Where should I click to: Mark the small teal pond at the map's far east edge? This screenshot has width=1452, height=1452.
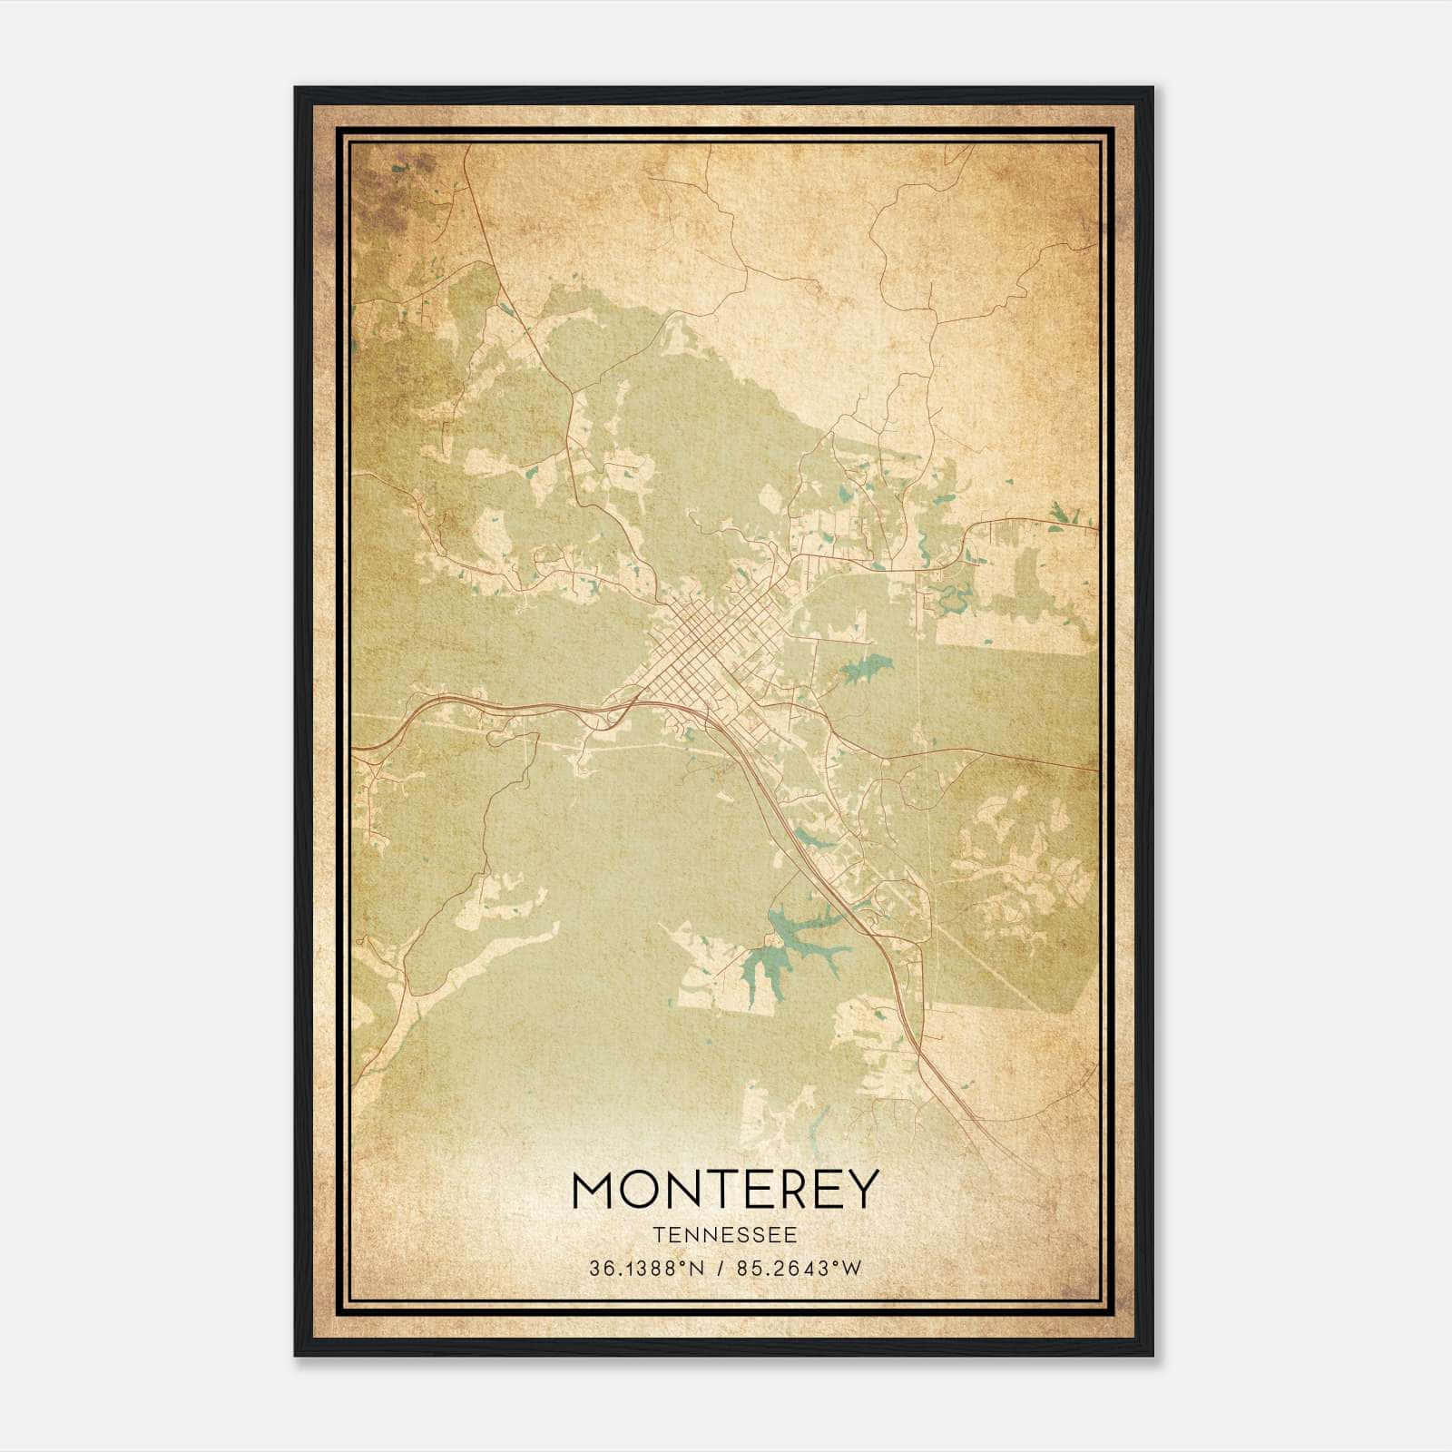click(x=1060, y=517)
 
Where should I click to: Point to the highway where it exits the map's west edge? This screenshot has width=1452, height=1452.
click(x=357, y=749)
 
